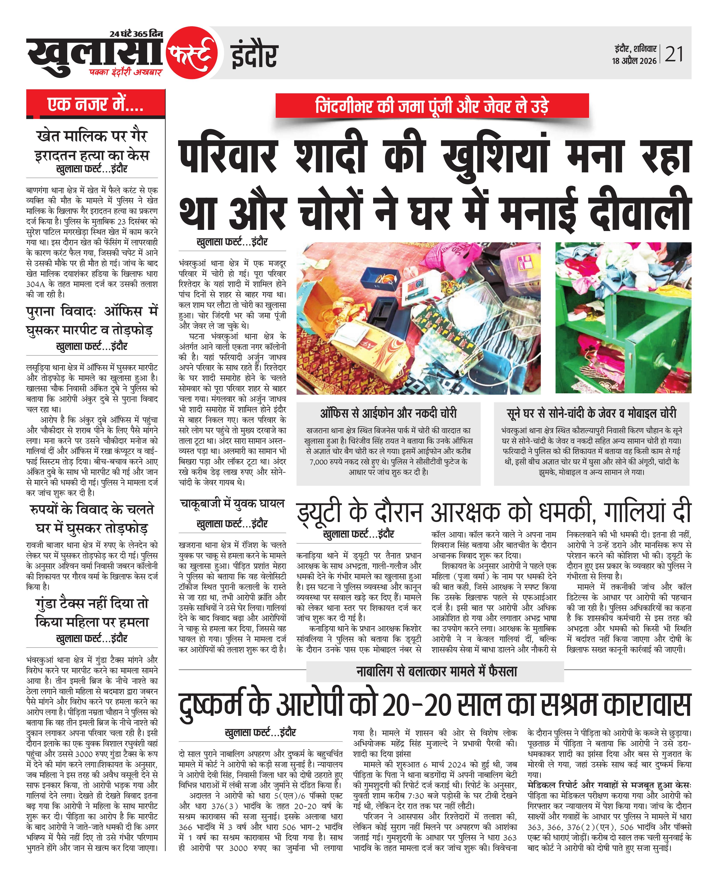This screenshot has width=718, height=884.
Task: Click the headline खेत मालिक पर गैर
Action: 92,136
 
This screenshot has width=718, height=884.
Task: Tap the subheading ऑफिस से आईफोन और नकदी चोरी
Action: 388,413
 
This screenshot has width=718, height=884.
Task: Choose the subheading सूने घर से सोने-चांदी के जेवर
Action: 592,413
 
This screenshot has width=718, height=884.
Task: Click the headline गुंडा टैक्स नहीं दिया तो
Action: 92,604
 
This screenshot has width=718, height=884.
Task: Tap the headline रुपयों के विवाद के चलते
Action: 92,510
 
